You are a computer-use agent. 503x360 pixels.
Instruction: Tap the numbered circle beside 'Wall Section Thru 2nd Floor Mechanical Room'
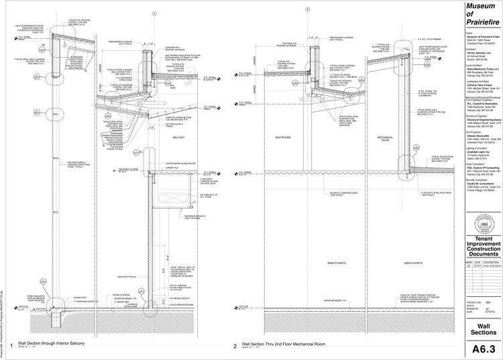click(235, 347)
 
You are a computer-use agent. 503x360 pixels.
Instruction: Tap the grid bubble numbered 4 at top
click(154, 13)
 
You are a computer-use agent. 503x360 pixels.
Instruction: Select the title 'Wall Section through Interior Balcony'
click(51, 343)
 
